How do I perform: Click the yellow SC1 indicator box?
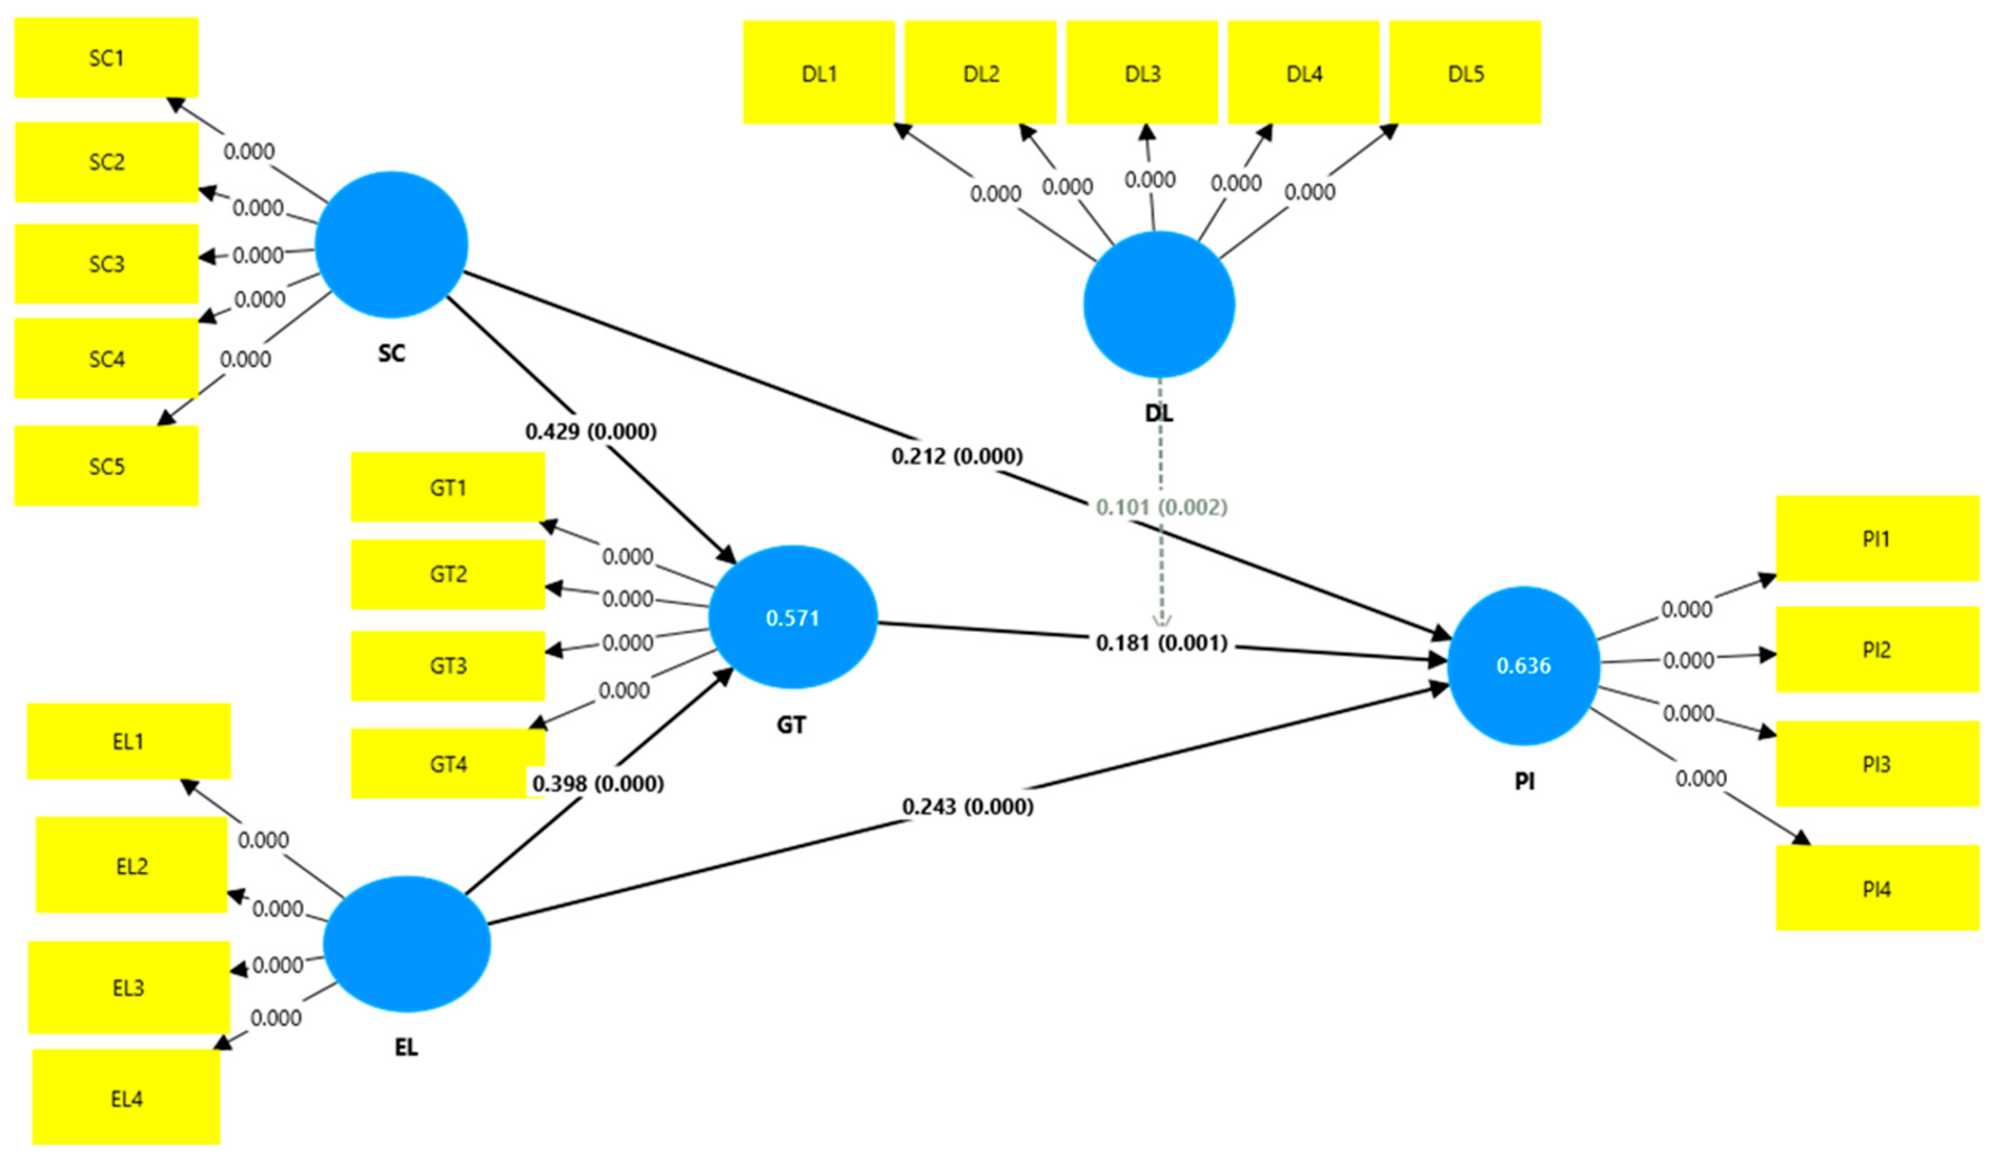click(x=106, y=57)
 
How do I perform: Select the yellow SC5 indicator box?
click(x=106, y=466)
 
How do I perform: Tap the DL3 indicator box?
click(x=1141, y=73)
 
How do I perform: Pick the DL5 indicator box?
click(x=1464, y=73)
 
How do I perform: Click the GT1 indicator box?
click(x=447, y=487)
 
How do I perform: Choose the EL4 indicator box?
click(x=126, y=1098)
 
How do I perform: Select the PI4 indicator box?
click(x=1876, y=888)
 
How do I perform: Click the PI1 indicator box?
click(x=1876, y=539)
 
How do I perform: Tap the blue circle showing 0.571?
click(x=792, y=618)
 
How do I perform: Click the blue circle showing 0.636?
click(x=1523, y=665)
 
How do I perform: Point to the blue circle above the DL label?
click(x=1159, y=305)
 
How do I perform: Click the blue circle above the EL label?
click(x=406, y=943)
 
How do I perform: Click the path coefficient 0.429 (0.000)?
click(x=591, y=432)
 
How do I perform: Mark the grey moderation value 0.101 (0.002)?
click(x=1161, y=507)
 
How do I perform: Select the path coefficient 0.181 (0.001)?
click(x=1161, y=643)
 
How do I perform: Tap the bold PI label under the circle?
click(x=1524, y=782)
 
